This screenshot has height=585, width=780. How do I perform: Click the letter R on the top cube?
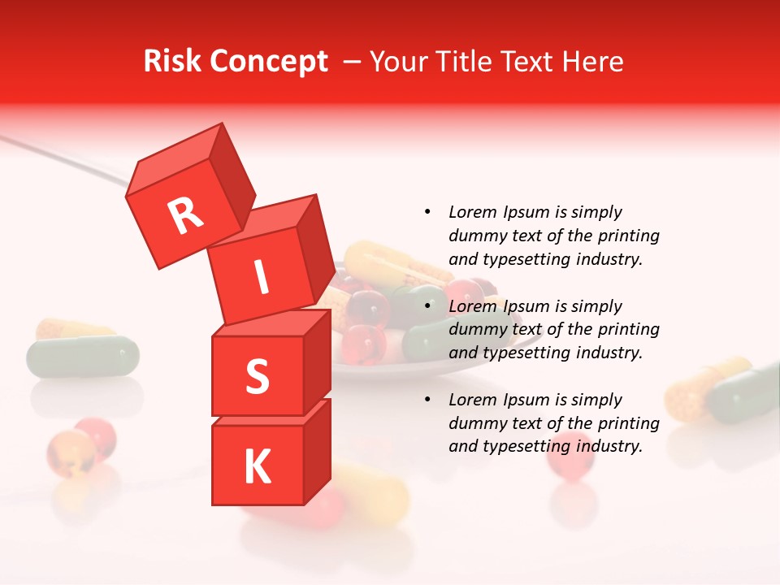coord(186,216)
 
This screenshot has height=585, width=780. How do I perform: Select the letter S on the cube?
coord(257,377)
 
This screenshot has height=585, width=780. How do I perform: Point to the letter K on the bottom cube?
coord(257,467)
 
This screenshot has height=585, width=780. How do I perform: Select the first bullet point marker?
coord(427,213)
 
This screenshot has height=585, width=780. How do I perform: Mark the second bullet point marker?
coord(427,307)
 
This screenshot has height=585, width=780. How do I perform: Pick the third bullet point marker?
coord(427,401)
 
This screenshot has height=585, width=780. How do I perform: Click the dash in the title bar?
coord(353,62)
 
